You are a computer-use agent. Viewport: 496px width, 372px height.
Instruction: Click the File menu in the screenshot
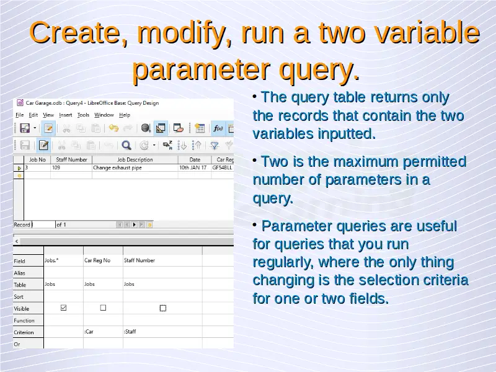click(x=20, y=115)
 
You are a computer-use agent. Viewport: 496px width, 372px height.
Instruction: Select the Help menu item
click(x=125, y=115)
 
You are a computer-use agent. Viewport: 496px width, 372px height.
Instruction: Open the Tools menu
click(x=83, y=115)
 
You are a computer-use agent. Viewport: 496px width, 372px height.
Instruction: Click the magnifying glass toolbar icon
click(x=126, y=145)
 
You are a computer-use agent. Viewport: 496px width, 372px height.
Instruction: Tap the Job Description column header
click(x=135, y=160)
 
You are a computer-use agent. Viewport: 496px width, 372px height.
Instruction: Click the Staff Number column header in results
click(x=71, y=160)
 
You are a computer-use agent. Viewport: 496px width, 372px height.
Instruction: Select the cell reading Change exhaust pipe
click(x=117, y=167)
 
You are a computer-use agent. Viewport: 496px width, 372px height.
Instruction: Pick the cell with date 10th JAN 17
click(x=193, y=167)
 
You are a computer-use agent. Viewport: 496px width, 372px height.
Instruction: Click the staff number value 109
click(x=56, y=167)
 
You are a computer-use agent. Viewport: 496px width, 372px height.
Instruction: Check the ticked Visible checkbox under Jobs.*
click(x=64, y=308)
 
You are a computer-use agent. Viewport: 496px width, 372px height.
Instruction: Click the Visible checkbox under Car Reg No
click(x=103, y=308)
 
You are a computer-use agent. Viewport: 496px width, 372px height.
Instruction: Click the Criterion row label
click(x=24, y=332)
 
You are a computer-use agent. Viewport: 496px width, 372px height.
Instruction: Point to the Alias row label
click(x=19, y=273)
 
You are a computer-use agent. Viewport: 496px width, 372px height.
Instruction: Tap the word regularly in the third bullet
click(x=283, y=262)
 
